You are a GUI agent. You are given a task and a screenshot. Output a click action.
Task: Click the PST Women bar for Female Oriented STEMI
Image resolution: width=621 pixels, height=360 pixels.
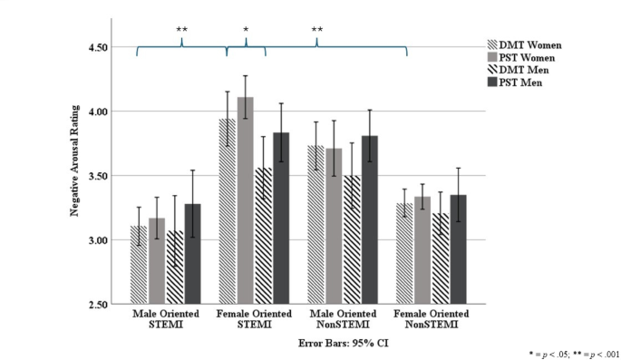pyautogui.click(x=245, y=200)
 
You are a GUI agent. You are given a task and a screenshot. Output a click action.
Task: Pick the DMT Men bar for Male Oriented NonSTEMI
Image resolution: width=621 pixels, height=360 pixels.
pyautogui.click(x=351, y=239)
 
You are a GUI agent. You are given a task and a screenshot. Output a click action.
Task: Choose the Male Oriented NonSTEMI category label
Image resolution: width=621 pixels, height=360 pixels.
pyautogui.click(x=342, y=319)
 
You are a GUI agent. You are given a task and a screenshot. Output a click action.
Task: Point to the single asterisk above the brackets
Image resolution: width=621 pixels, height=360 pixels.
pyautogui.click(x=246, y=31)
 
